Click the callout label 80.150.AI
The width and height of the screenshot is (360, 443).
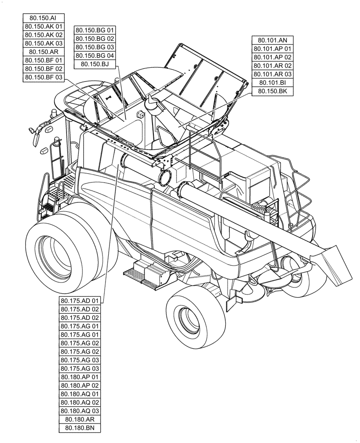pyautogui.click(x=43, y=18)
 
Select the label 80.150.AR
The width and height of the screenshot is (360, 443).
pyautogui.click(x=43, y=52)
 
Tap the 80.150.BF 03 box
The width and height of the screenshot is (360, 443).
pyautogui.click(x=43, y=78)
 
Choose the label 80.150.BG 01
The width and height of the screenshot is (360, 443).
pyautogui.click(x=95, y=30)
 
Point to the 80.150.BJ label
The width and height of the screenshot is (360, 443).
pyautogui.click(x=95, y=64)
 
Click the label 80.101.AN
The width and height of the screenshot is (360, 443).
pyautogui.click(x=273, y=40)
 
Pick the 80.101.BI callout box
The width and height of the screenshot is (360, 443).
pyautogui.click(x=273, y=83)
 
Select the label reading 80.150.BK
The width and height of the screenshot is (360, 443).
pyautogui.click(x=273, y=91)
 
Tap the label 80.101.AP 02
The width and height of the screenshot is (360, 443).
pyautogui.click(x=273, y=57)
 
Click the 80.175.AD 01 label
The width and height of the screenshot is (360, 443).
pyautogui.click(x=80, y=301)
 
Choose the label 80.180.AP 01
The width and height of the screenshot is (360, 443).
pyautogui.click(x=80, y=377)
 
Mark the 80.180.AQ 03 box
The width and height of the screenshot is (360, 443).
pyautogui.click(x=80, y=411)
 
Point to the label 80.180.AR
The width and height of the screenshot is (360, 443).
pyautogui.click(x=80, y=420)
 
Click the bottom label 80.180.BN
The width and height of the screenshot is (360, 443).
pyautogui.click(x=80, y=428)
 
